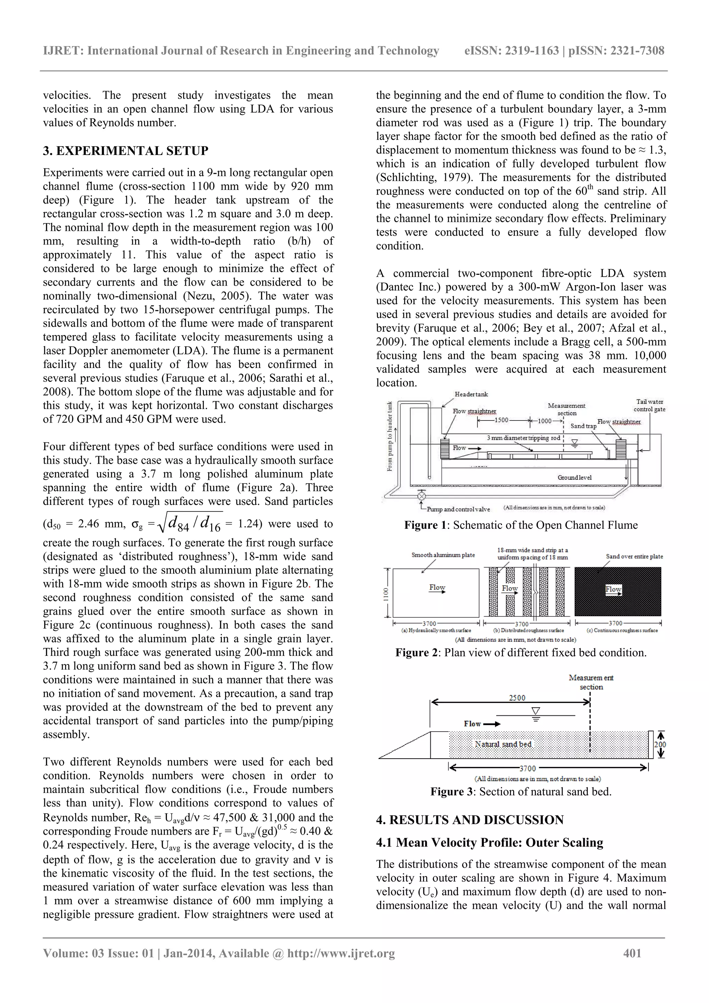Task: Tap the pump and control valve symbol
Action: coord(422,496)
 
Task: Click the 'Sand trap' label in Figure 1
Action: coord(583,426)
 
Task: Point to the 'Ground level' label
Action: coord(574,478)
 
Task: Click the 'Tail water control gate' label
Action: coord(649,405)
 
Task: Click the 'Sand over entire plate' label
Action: coord(634,557)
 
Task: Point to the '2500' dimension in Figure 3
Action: coord(517,698)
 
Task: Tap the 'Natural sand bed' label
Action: coord(503,744)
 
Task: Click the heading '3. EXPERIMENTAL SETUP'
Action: coord(126,151)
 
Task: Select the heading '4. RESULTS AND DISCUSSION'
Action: coord(470,820)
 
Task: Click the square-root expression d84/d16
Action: coord(190,523)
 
